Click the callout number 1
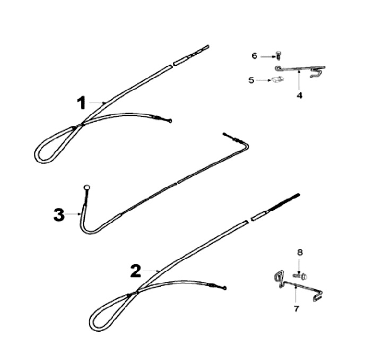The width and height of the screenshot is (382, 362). click(x=81, y=102)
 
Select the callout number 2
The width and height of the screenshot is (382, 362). click(x=136, y=271)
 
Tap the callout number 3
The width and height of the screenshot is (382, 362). click(x=59, y=215)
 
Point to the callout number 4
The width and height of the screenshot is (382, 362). click(x=299, y=96)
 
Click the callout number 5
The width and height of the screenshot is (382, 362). click(x=251, y=80)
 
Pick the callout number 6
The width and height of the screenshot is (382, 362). click(x=254, y=56)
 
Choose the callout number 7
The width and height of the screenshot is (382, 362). click(x=296, y=309)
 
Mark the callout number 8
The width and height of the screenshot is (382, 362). click(x=300, y=253)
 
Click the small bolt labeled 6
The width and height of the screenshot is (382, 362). click(x=278, y=55)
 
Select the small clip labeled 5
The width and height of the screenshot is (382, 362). click(x=277, y=79)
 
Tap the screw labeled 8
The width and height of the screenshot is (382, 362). click(x=300, y=276)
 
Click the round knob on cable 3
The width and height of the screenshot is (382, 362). click(x=87, y=188)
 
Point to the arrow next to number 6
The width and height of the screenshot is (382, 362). click(x=267, y=57)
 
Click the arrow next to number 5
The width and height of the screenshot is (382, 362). click(x=264, y=80)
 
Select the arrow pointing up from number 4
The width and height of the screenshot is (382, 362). click(x=299, y=80)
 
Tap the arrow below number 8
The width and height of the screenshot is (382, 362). click(x=299, y=266)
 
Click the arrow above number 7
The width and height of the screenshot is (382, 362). click(x=296, y=295)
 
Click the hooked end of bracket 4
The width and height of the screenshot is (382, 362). click(x=316, y=73)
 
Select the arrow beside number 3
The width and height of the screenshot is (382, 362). click(x=73, y=214)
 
